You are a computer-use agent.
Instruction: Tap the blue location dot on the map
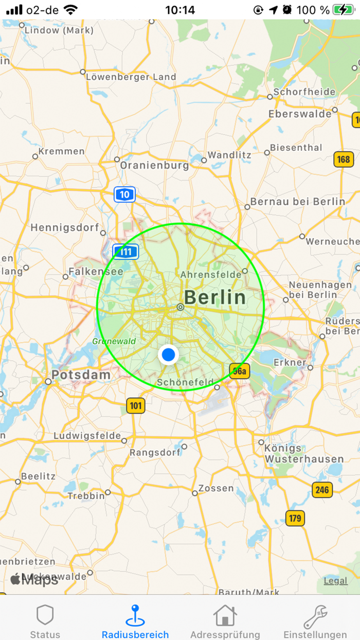(168, 354)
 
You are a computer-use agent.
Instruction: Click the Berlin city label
(215, 297)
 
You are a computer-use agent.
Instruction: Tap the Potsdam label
(81, 375)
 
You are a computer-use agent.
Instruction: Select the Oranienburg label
(154, 166)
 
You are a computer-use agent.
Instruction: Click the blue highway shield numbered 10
(124, 194)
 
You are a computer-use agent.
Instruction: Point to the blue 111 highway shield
(126, 252)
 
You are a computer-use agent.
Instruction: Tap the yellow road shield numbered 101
(135, 406)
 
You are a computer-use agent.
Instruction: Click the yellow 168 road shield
(344, 159)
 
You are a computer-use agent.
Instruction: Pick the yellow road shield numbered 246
(322, 490)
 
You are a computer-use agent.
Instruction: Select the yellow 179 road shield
(295, 518)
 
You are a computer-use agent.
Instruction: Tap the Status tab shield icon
(45, 615)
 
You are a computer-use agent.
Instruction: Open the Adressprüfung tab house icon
(225, 615)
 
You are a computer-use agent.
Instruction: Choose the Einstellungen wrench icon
(315, 616)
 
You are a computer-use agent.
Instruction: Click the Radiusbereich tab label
(135, 635)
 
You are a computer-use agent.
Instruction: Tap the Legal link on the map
(335, 581)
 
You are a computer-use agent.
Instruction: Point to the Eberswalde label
(300, 114)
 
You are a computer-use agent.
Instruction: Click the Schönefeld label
(185, 382)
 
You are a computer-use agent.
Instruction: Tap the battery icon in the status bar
(343, 10)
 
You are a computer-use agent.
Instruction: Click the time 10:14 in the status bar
(180, 10)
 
